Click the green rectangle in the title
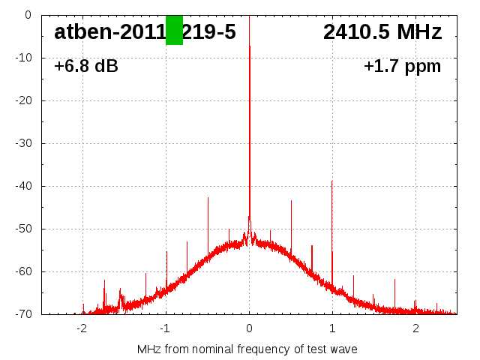174,30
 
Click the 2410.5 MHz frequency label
382,32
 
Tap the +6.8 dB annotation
86,67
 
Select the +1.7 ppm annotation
402,67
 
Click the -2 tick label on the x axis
82,328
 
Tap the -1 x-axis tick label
165,328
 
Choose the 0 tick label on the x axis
249,328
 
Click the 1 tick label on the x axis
332,328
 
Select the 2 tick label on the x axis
415,328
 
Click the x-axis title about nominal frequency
247,349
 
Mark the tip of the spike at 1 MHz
332,181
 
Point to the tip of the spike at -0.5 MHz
208,197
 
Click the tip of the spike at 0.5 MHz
291,201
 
